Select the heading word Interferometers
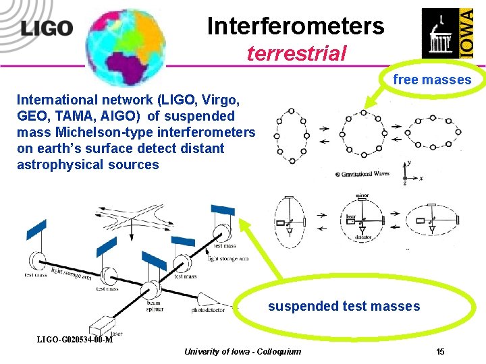pos(296,26)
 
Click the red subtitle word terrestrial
pos(296,53)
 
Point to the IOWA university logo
pos(448,33)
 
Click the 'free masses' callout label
pos(432,80)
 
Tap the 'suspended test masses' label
pos(344,307)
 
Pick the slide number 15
pos(440,352)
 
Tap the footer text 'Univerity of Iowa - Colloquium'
pos(242,352)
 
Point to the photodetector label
pos(211,311)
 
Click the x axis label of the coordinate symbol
pos(421,179)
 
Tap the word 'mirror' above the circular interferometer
pos(362,196)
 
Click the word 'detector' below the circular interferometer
pos(362,238)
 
